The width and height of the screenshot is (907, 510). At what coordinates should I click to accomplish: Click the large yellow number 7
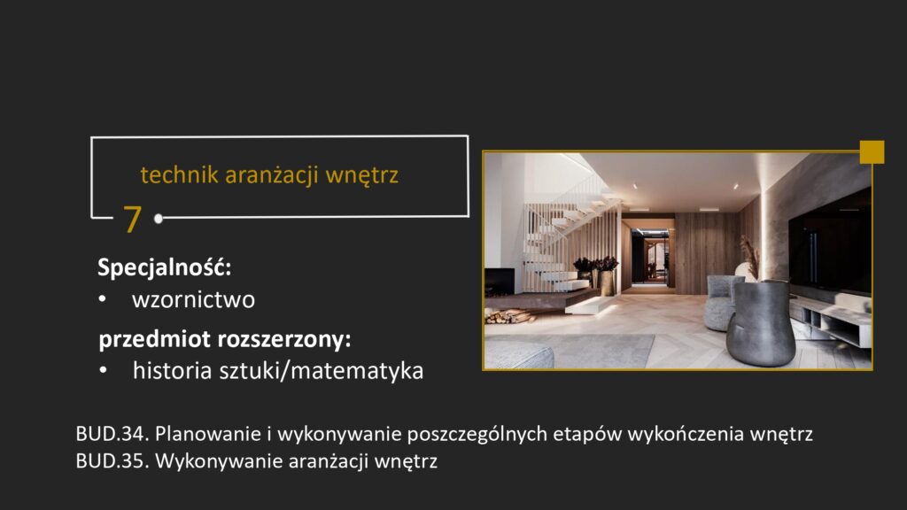[132, 219]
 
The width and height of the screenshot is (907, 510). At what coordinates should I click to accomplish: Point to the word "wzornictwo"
[193, 299]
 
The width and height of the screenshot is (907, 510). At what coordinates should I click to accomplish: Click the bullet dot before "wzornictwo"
[104, 300]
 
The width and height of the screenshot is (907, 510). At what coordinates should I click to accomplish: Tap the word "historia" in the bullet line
[166, 371]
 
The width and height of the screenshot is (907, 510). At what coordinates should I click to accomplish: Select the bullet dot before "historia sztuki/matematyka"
[104, 372]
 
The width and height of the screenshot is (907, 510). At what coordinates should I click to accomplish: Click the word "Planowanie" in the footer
[198, 435]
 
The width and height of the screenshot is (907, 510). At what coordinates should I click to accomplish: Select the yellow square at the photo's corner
[872, 151]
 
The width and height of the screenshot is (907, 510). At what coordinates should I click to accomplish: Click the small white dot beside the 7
[158, 218]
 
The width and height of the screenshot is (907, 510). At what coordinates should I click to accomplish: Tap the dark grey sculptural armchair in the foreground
[760, 324]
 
